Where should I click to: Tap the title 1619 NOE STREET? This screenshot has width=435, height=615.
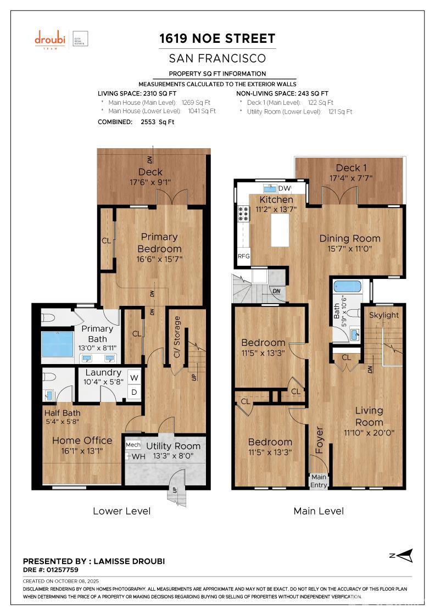point(217,38)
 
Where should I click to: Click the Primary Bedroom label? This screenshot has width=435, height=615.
point(159,243)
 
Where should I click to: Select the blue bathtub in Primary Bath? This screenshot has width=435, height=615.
point(57,344)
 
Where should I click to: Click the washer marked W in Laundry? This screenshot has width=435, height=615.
point(134,378)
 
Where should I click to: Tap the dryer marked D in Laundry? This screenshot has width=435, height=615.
point(134,392)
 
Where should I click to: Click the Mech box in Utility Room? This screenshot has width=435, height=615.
point(133,445)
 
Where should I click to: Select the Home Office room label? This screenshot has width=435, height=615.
point(82,440)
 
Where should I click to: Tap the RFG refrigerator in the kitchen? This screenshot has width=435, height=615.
point(243,256)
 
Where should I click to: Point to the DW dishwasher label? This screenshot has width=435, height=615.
point(285,188)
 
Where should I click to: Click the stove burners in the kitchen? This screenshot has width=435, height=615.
point(243,214)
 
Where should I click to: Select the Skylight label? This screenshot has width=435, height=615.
point(383,315)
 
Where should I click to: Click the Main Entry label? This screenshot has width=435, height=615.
point(319,481)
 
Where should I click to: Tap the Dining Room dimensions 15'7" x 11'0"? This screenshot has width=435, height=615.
point(349,249)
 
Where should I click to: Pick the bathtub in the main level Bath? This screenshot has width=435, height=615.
point(347,287)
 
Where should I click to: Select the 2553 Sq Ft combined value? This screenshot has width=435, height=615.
point(157,122)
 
